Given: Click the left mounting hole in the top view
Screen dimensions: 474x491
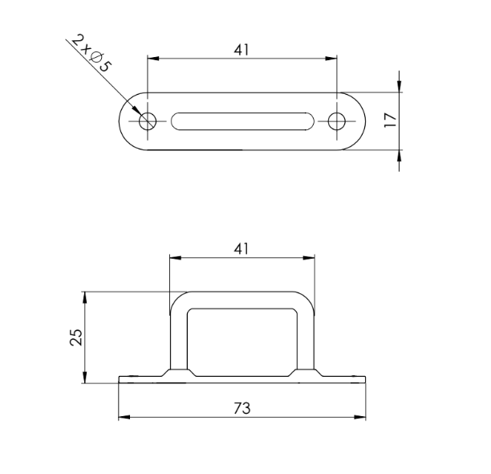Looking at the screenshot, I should click(x=148, y=121).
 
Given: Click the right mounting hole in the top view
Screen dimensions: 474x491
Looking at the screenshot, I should click(x=337, y=121).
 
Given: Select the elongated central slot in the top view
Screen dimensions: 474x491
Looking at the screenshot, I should click(x=242, y=121).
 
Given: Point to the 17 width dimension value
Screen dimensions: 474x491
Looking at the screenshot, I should click(x=391, y=121).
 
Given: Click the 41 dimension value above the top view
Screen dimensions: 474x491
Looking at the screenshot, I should click(x=242, y=49).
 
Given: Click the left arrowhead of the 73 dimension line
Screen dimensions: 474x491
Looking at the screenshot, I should click(x=124, y=417).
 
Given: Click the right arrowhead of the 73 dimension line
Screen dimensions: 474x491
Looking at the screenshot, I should click(x=362, y=417).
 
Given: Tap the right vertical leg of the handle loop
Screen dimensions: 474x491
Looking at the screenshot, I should click(x=306, y=337).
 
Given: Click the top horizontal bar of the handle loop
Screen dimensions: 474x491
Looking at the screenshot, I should click(x=242, y=298).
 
